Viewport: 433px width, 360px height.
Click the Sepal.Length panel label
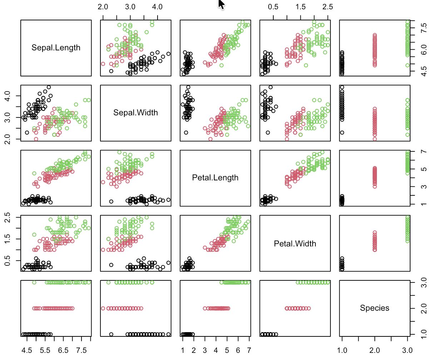(x=56, y=48)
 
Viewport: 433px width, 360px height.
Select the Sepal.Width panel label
(x=135, y=113)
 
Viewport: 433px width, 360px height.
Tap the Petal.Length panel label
(x=215, y=178)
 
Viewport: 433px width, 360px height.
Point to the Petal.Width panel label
(x=295, y=244)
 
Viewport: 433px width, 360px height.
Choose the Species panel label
(x=374, y=308)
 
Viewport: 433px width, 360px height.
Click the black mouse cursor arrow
(x=221, y=4)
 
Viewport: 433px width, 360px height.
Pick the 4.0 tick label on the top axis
(x=157, y=7)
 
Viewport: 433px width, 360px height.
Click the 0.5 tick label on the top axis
(x=273, y=7)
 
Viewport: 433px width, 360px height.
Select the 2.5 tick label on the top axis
(x=328, y=7)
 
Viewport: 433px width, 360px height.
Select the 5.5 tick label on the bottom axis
(x=45, y=350)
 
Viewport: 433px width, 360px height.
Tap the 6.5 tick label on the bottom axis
(x=63, y=350)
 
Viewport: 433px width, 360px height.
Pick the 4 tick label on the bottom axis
(x=216, y=350)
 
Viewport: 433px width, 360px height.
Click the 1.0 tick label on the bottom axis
(x=342, y=350)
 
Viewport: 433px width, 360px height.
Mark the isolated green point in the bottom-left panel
(x=34, y=282)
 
